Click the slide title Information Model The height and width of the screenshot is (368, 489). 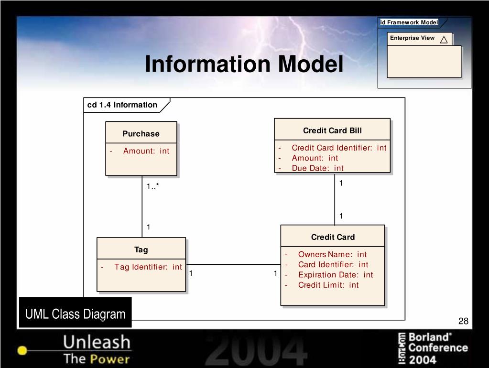pos(244,65)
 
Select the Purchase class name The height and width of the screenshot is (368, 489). pos(141,134)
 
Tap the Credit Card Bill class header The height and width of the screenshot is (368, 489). pos(332,130)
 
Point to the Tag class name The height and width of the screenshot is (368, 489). pos(141,249)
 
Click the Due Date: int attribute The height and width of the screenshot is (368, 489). pos(317,168)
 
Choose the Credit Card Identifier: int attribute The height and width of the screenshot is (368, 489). pos(339,148)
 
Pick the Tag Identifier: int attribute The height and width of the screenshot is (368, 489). pos(148,267)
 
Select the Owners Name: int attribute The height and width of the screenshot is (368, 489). pos(332,254)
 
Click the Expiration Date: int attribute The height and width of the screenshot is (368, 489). pos(335,275)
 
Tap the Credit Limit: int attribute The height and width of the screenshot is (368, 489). pos(328,285)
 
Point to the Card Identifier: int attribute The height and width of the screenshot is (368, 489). pos(333,265)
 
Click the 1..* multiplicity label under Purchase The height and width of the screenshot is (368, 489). pos(152,186)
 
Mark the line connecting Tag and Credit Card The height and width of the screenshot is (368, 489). pos(233,264)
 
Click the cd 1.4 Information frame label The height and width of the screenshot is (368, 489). pos(122,105)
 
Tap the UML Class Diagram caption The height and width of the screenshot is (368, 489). pos(75,314)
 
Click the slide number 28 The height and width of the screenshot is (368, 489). pos(463,321)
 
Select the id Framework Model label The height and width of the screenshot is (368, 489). pos(409,22)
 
